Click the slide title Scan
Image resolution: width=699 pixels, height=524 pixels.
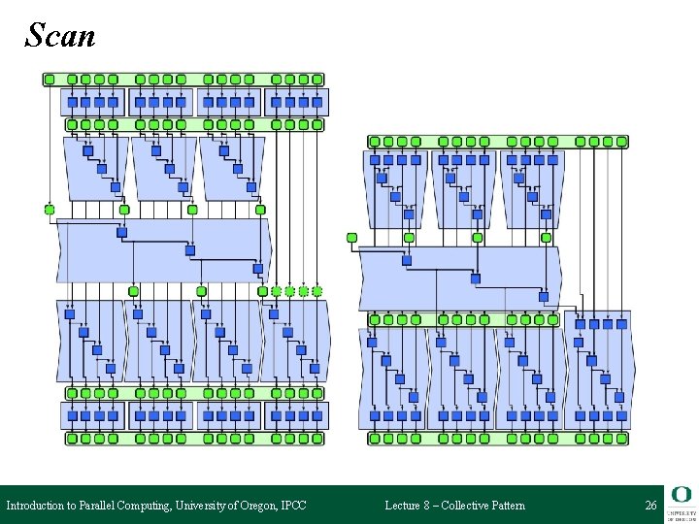point(60,36)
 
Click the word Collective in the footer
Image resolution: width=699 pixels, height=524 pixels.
point(469,506)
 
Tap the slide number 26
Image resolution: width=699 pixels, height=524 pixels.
point(650,506)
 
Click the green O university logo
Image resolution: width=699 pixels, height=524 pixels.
point(680,494)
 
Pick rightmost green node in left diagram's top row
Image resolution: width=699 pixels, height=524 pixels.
point(317,80)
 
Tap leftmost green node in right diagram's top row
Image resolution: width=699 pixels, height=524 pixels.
point(375,142)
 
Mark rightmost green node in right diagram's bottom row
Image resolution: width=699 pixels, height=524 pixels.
point(621,439)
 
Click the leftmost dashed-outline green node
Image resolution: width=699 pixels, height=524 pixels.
point(276,291)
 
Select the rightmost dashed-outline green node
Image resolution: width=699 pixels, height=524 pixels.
point(316,291)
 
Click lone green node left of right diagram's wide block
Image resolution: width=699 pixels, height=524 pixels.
point(352,238)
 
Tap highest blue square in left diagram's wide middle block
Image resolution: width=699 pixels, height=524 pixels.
point(122,232)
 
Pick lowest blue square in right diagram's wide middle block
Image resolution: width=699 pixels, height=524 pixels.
point(544,297)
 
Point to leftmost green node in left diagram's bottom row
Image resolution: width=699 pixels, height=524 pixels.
point(72,439)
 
